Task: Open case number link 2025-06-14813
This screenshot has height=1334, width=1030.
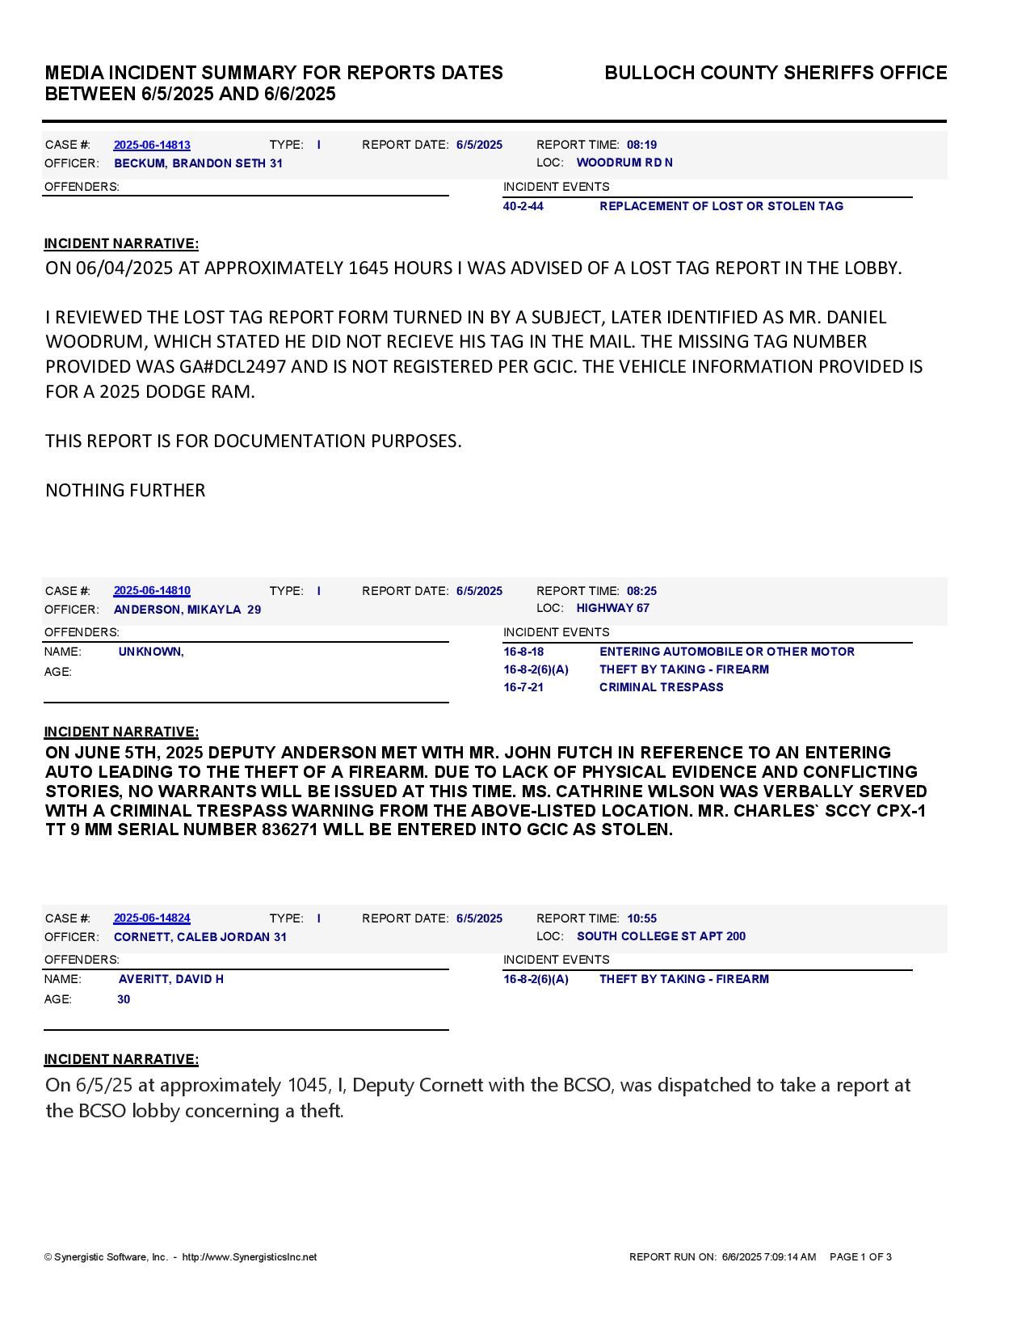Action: tap(152, 145)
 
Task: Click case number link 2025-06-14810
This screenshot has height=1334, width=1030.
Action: tap(152, 591)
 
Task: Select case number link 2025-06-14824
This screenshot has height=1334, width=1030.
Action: tap(152, 918)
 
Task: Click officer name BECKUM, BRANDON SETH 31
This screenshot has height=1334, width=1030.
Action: tap(198, 163)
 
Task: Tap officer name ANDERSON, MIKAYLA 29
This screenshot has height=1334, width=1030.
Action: tap(187, 610)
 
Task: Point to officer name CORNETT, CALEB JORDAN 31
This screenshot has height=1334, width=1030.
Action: tap(200, 937)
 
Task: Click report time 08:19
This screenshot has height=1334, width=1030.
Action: tap(641, 145)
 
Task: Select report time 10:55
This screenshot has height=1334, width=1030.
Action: tap(641, 918)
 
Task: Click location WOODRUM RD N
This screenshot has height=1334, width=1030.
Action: tap(624, 163)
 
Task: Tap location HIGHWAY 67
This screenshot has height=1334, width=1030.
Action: tap(613, 608)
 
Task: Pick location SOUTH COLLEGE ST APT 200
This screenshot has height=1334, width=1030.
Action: tap(661, 936)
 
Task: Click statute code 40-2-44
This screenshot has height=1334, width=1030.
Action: tap(523, 206)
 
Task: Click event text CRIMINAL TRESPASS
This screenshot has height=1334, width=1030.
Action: tap(661, 687)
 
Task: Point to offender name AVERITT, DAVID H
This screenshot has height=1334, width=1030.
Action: tap(171, 979)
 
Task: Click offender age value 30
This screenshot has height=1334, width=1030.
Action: tap(124, 999)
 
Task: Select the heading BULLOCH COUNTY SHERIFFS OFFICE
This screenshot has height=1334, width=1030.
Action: tap(776, 73)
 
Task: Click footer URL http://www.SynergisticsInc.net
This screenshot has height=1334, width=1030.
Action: tap(250, 1257)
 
